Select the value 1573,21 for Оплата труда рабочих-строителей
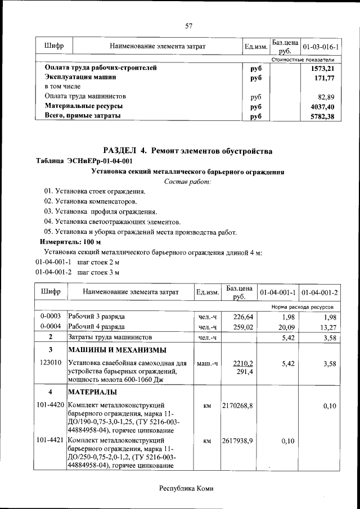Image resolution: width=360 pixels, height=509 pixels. (322, 68)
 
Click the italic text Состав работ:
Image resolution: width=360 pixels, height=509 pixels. (188, 182)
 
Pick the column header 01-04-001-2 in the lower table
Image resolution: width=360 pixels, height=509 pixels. (319, 292)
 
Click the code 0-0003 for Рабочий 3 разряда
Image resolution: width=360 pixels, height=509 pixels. (51, 317)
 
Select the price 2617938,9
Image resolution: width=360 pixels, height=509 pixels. (238, 442)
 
